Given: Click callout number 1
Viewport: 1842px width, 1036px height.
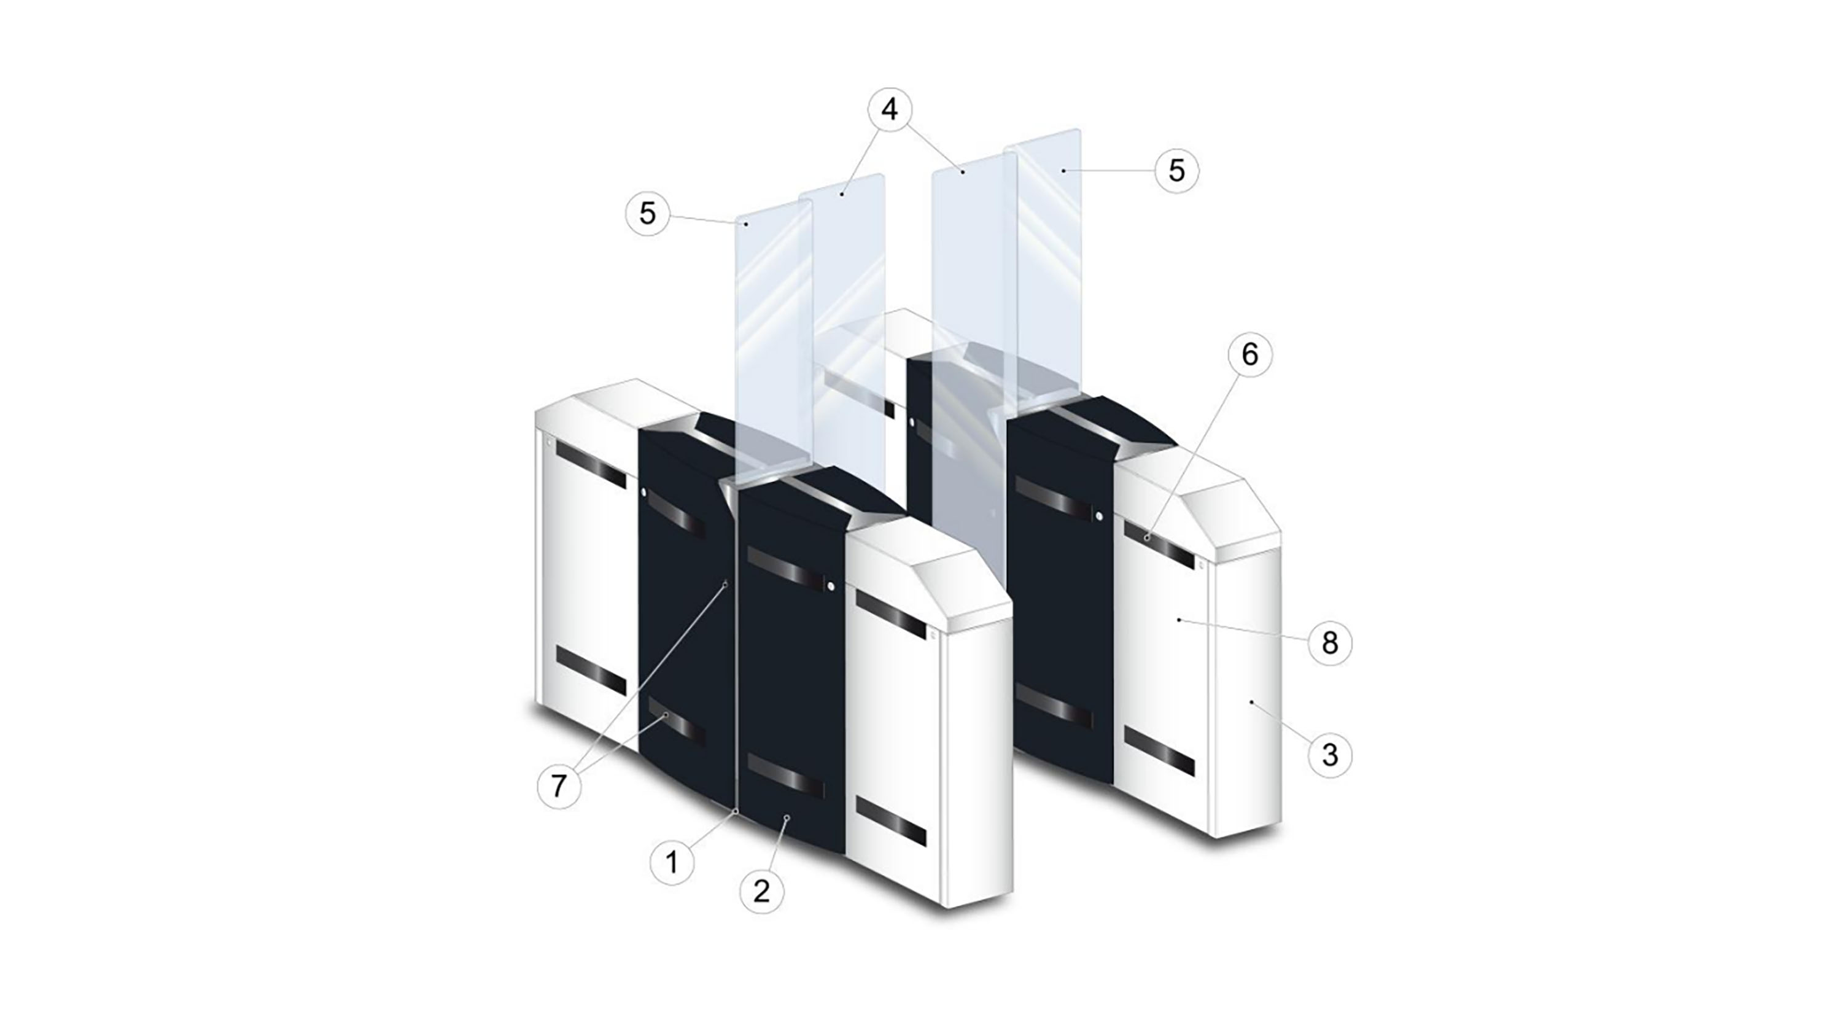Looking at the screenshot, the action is [672, 863].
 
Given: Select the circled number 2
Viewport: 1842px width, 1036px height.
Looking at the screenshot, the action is [761, 891].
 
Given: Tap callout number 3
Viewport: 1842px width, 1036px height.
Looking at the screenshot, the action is [1330, 754].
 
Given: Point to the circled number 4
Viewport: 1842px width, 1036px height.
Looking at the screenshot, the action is [890, 109].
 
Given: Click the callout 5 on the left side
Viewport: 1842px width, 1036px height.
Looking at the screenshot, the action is [648, 213].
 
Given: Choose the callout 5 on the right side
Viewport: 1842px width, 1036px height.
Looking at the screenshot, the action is [1177, 170].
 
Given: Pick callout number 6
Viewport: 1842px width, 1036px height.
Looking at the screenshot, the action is [1250, 354].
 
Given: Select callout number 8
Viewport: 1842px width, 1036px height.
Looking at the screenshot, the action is [1330, 643].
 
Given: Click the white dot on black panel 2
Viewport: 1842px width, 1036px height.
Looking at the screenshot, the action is [831, 586].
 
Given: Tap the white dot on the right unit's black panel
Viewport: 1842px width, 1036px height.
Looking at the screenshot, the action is [1099, 515].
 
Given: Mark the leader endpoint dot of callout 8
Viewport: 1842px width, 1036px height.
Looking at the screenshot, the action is [1178, 620].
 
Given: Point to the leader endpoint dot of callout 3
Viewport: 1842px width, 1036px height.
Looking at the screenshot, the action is [1251, 703].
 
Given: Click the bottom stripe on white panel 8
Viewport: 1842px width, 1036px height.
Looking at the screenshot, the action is [1159, 752].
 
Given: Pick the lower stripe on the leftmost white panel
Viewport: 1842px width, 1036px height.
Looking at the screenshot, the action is [591, 671].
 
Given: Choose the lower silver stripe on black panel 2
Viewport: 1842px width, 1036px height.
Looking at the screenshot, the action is [785, 775].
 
